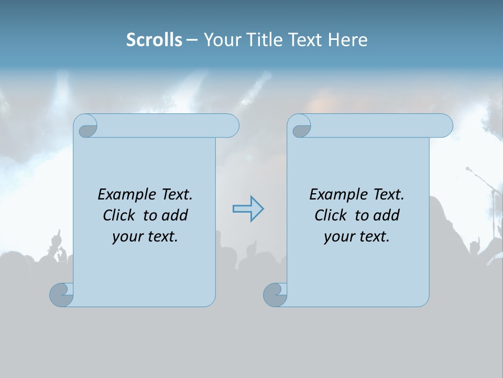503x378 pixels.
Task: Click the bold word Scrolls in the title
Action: click(x=154, y=40)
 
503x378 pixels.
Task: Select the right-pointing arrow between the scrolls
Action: click(x=248, y=209)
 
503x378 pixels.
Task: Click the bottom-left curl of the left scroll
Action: click(x=62, y=294)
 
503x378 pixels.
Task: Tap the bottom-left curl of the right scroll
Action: click(x=276, y=294)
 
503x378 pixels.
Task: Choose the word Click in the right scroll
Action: click(x=330, y=215)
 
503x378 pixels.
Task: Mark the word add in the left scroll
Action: click(x=175, y=215)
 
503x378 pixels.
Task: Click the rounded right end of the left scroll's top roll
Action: click(x=231, y=125)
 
